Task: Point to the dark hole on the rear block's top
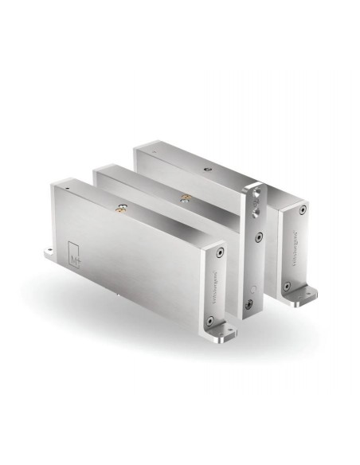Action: (x=205, y=170)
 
